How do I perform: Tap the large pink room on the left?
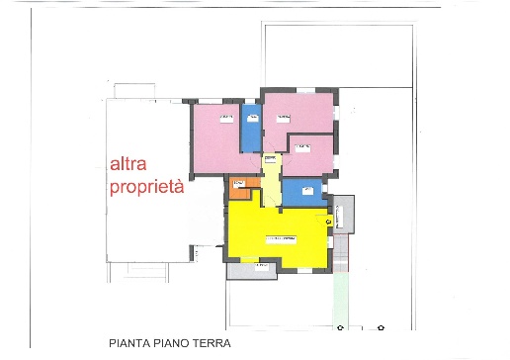click(215, 138)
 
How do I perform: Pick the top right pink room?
click(299, 114)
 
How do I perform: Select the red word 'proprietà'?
click(146, 187)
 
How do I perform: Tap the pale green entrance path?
click(342, 297)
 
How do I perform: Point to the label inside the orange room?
click(238, 183)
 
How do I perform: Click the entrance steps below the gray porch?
click(342, 255)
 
